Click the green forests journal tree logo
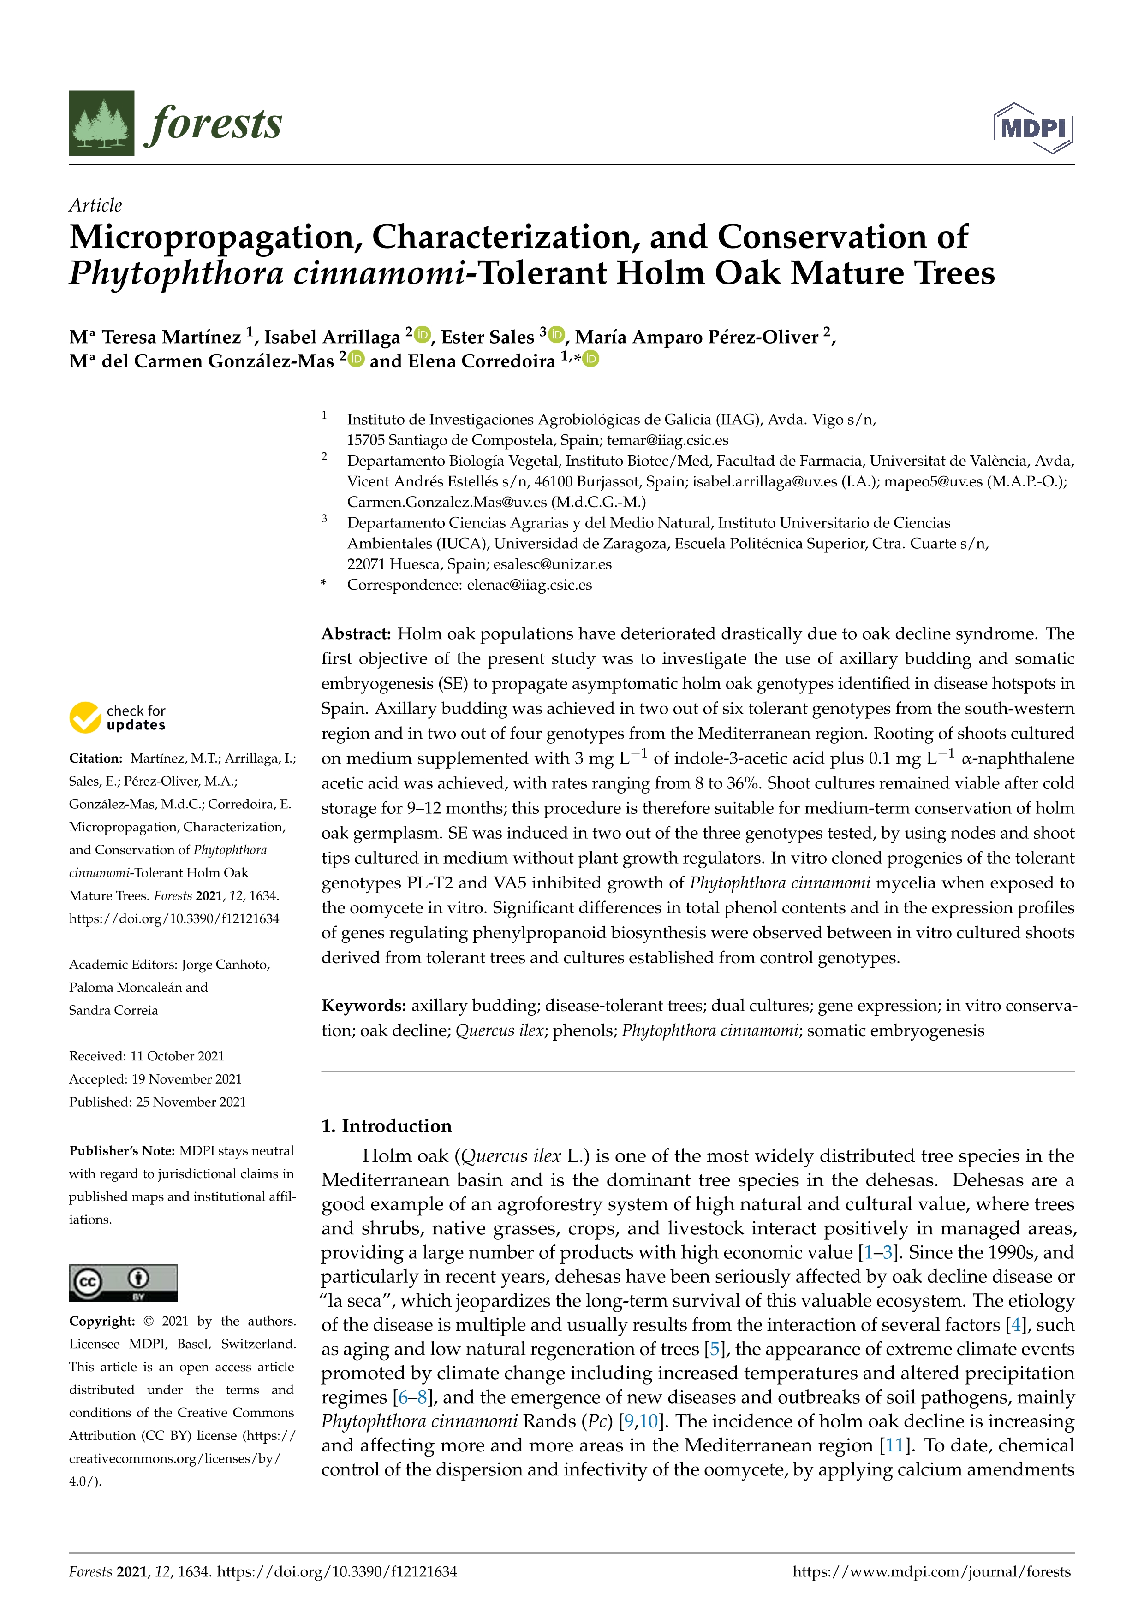pyautogui.click(x=101, y=123)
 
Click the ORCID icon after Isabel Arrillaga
pyautogui.click(x=423, y=335)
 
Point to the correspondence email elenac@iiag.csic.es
pyautogui.click(x=529, y=585)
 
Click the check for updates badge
pyautogui.click(x=118, y=717)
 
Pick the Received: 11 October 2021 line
pyautogui.click(x=147, y=1056)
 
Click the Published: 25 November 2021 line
pyautogui.click(x=157, y=1102)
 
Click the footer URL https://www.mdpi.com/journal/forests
pyautogui.click(x=931, y=1571)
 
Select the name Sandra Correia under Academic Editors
pyautogui.click(x=113, y=1010)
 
